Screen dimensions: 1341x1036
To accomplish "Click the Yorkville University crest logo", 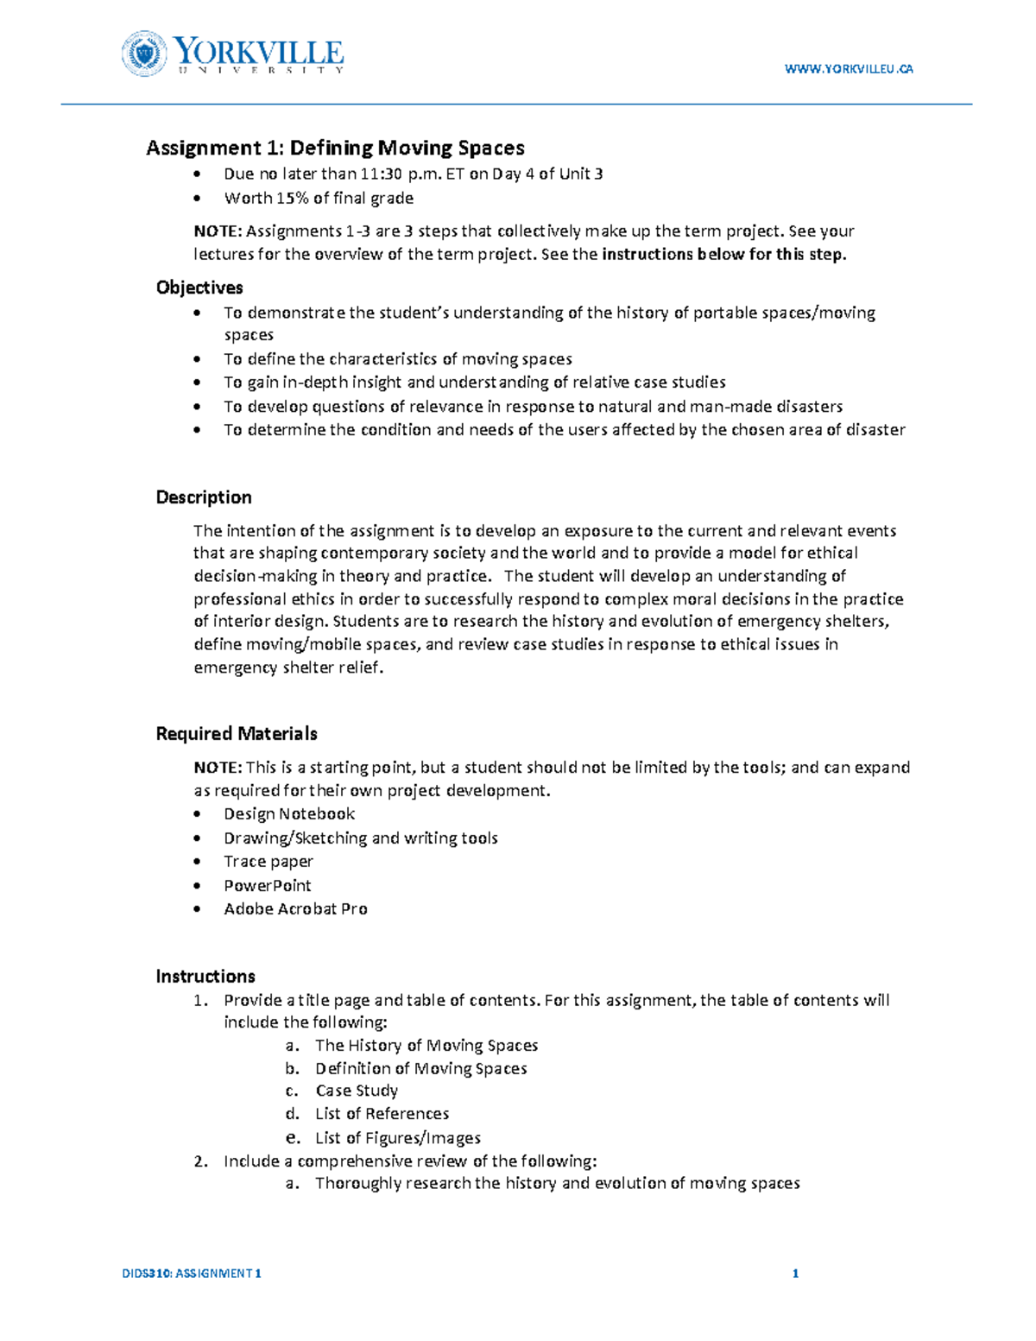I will click(143, 54).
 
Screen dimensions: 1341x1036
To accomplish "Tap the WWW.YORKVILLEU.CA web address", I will click(848, 69).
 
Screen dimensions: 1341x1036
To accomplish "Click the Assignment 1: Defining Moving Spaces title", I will click(335, 148).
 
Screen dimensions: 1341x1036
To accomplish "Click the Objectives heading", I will click(199, 288).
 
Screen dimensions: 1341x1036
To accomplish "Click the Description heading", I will click(204, 497).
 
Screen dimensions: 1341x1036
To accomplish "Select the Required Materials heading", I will click(237, 733).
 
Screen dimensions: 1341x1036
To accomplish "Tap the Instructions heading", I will click(205, 976).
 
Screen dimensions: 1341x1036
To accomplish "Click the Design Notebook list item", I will click(289, 813).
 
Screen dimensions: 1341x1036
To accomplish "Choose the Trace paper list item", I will click(268, 861).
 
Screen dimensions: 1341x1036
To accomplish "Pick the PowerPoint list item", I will click(268, 885).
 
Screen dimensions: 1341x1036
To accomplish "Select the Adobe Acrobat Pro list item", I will click(295, 908).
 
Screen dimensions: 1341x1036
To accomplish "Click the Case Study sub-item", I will click(357, 1091).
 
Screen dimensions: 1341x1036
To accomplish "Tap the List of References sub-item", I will click(382, 1114).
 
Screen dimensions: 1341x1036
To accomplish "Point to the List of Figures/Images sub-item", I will click(398, 1138).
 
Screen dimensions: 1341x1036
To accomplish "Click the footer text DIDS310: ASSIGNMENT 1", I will click(192, 1273).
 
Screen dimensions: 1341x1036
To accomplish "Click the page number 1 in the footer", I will click(795, 1273).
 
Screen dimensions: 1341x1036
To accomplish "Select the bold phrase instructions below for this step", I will click(724, 254).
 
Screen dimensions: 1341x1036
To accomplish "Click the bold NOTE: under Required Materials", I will click(218, 767).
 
